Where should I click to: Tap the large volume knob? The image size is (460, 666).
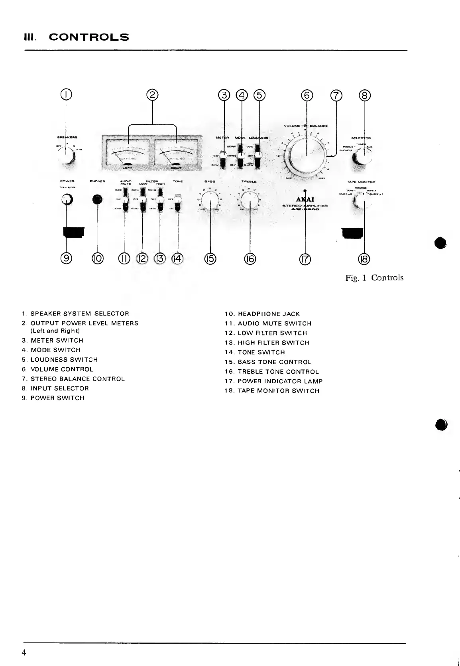tap(307, 153)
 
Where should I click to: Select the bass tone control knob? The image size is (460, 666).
tap(210, 199)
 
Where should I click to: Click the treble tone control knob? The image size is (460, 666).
tap(250, 199)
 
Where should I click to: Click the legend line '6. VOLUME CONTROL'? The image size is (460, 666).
tap(57, 369)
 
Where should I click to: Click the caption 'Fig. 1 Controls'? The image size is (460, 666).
tap(374, 278)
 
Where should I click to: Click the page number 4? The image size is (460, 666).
tap(24, 653)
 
